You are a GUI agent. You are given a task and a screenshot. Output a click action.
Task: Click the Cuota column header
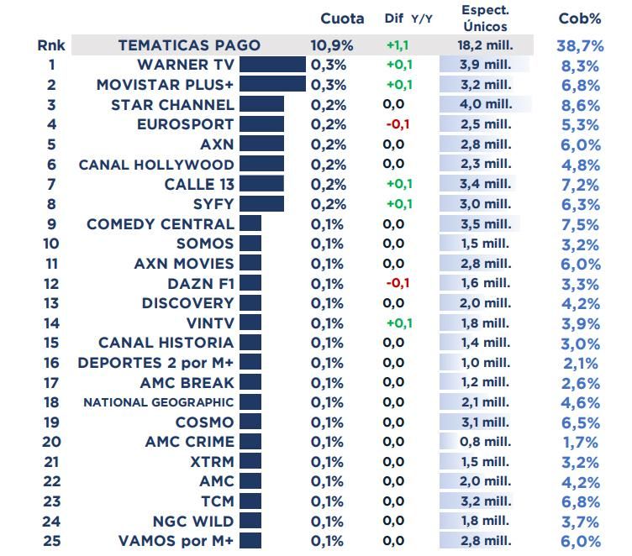342,18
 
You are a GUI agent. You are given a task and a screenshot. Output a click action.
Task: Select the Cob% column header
579,18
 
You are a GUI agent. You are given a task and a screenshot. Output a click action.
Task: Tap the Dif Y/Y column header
408,18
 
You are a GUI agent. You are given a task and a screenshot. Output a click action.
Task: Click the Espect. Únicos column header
485,18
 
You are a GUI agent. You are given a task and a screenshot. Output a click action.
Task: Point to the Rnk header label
51,45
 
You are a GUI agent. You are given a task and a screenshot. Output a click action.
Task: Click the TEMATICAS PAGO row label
189,45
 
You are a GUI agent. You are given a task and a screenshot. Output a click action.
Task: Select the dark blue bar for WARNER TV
272,65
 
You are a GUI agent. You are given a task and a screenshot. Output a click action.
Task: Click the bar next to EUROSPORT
261,124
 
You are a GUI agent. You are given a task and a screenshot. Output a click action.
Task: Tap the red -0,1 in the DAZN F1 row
398,283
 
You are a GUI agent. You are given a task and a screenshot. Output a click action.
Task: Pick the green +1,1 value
398,45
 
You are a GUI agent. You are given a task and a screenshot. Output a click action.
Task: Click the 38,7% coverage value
580,45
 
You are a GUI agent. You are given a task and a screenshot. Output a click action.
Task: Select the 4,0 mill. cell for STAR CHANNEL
485,104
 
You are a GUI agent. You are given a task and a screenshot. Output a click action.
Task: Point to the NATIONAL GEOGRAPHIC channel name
158,402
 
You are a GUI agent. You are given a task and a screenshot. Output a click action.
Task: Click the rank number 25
51,541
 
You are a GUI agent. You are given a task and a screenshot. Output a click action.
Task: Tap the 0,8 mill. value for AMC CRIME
485,442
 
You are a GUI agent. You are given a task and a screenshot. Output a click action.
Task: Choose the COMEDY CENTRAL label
160,223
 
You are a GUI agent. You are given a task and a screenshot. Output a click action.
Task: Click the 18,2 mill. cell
485,45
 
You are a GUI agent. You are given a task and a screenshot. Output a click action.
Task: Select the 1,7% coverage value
580,442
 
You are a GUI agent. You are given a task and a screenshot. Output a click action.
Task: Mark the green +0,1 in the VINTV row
398,323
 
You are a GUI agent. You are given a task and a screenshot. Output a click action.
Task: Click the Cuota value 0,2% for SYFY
328,204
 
